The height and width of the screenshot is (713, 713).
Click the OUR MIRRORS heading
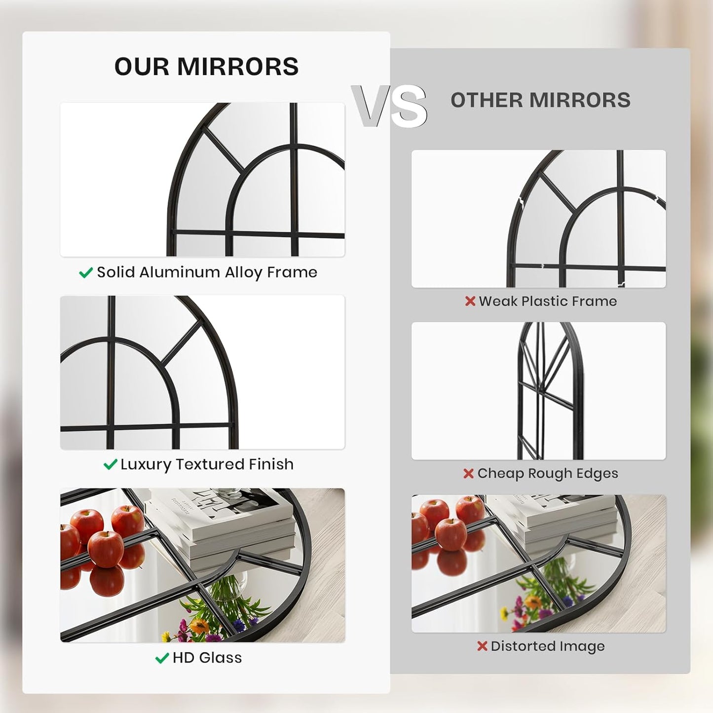click(x=206, y=67)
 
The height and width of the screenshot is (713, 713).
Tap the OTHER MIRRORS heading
click(x=540, y=100)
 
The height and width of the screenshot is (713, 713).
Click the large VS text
click(x=389, y=106)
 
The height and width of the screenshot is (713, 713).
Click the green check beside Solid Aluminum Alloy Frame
click(x=86, y=273)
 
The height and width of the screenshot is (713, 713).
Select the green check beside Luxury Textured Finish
click(x=110, y=465)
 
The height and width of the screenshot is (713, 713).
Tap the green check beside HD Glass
click(x=162, y=658)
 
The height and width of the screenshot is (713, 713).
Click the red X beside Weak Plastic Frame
click(x=470, y=301)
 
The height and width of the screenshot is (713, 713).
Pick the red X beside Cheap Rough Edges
click(x=468, y=474)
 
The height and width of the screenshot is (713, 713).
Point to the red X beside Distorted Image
click(x=482, y=646)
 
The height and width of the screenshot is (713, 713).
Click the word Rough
click(x=548, y=474)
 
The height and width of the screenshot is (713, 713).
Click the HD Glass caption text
click(x=207, y=658)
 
